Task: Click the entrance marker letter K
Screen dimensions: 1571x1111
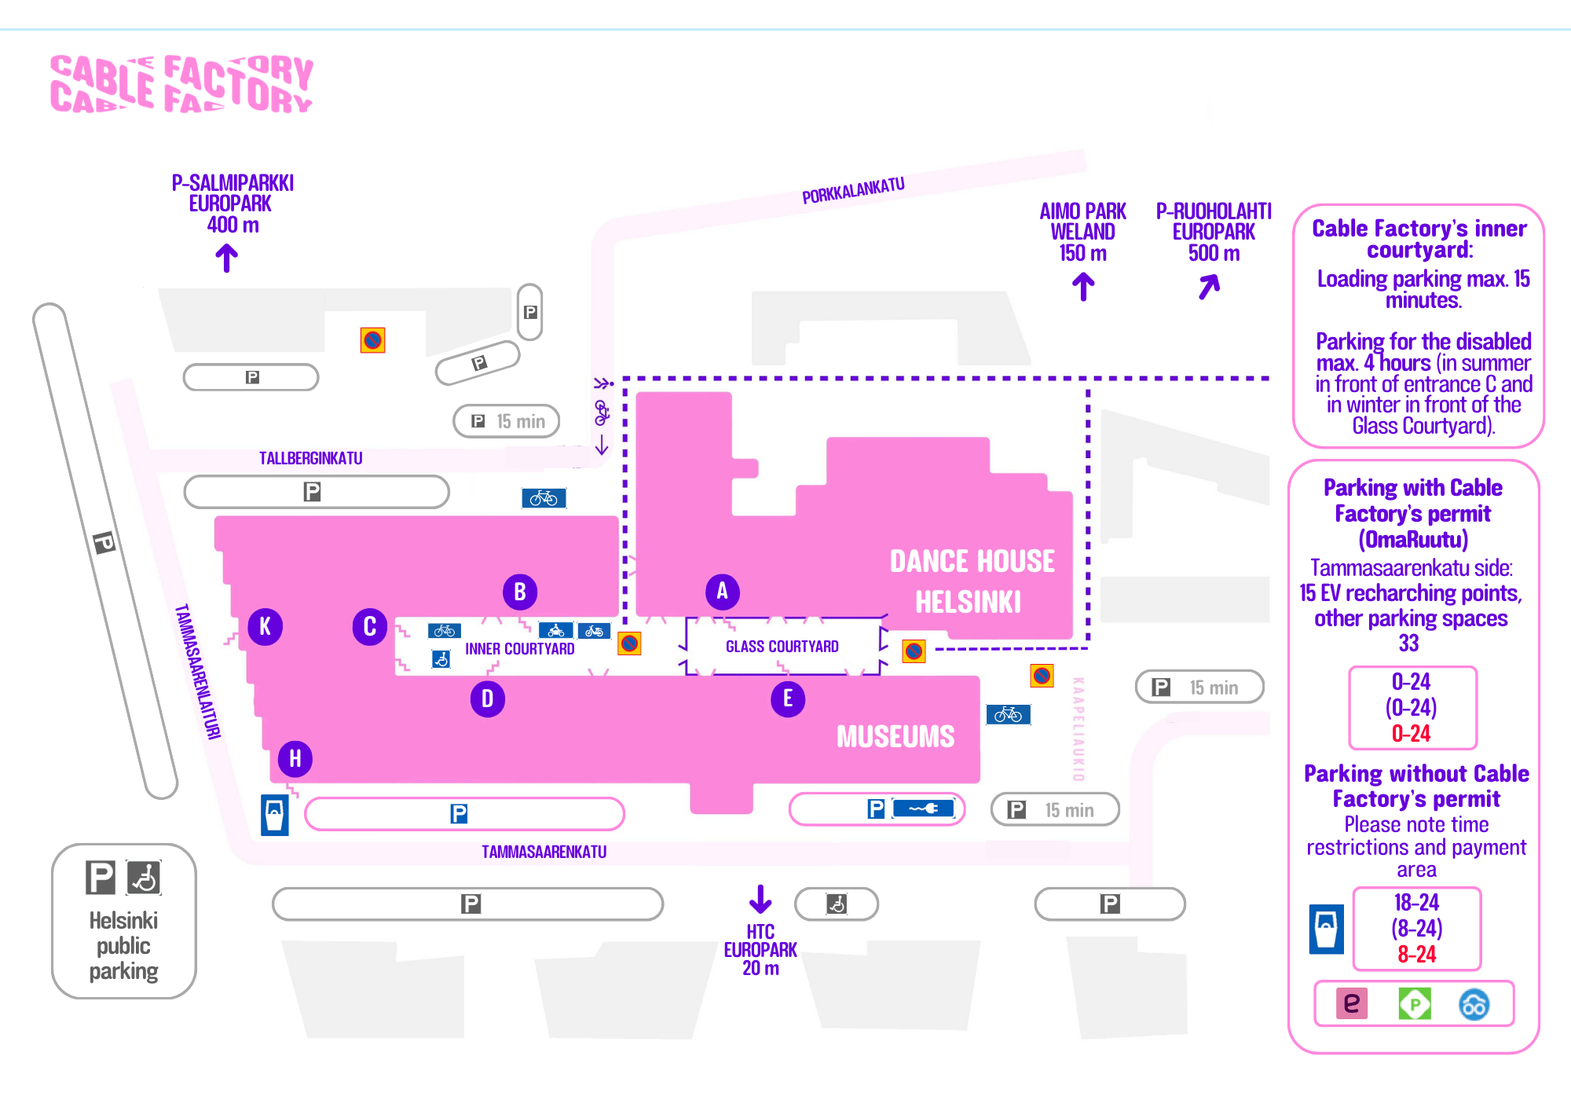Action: (265, 627)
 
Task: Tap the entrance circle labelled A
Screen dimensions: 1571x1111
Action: (722, 592)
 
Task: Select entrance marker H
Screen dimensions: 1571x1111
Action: (295, 759)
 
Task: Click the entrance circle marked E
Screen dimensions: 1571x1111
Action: (788, 698)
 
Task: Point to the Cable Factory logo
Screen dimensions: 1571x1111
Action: (181, 83)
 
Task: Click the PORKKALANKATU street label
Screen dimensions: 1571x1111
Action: (853, 190)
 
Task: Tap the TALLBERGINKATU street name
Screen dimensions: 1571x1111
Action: (311, 458)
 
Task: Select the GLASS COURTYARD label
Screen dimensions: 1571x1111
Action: (782, 647)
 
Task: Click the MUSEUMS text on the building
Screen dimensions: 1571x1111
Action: (895, 737)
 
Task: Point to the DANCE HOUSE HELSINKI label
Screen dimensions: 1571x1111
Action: (972, 581)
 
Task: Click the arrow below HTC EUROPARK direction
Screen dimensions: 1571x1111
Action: (760, 899)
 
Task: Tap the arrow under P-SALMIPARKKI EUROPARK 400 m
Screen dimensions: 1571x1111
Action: (227, 258)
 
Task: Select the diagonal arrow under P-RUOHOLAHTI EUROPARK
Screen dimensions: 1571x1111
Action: (1210, 287)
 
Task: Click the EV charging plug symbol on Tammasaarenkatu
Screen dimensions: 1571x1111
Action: (924, 808)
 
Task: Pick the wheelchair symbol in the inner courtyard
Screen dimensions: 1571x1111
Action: (441, 658)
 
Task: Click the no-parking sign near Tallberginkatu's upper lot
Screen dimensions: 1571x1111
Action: (372, 340)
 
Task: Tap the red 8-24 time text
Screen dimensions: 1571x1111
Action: (1416, 955)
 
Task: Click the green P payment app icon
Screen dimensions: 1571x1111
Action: (1415, 1004)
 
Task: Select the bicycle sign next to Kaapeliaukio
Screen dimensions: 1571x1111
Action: (1009, 714)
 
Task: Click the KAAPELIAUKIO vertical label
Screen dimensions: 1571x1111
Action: (1078, 729)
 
